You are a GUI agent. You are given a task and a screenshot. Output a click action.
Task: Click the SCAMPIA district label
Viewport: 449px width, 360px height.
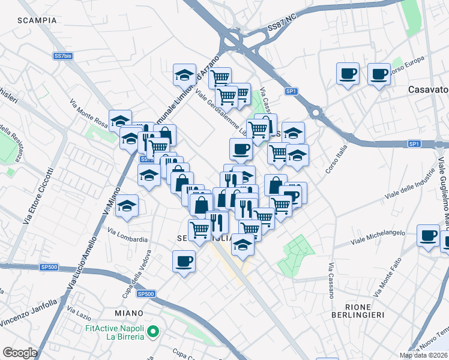[37, 20]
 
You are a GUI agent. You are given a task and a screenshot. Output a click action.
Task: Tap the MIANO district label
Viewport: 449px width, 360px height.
[128, 313]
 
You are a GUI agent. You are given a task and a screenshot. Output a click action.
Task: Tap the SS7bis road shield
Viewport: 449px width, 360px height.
[63, 55]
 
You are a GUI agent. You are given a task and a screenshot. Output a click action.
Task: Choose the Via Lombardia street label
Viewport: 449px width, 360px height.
[128, 235]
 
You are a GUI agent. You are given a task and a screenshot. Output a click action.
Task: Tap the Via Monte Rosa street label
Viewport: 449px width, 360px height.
[88, 114]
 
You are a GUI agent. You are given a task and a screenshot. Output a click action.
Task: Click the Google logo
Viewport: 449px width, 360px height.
[20, 353]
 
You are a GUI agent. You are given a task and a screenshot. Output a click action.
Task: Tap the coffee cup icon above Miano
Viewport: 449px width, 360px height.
[184, 261]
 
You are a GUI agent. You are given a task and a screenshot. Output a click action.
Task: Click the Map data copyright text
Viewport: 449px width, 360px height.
[423, 355]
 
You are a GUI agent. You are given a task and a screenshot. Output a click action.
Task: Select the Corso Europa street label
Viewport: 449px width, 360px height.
[407, 67]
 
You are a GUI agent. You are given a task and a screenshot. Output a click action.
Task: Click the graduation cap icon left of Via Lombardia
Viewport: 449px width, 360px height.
[127, 206]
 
